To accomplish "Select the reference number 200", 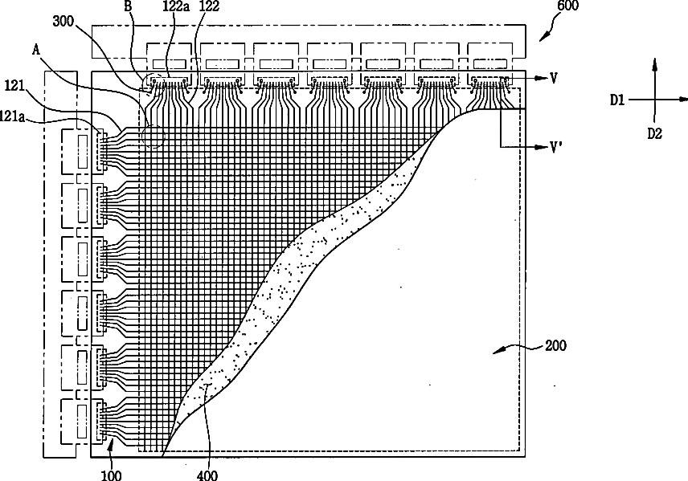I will [555, 347].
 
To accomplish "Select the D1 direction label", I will [616, 100].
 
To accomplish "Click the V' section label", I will [555, 148].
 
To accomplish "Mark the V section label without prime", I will [555, 78].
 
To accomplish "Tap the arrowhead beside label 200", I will [496, 351].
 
